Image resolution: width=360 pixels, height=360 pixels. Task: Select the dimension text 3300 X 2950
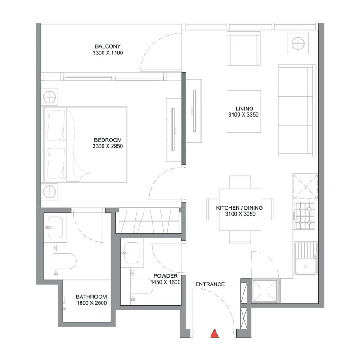[108, 146]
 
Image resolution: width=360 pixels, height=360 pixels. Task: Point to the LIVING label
[244, 108]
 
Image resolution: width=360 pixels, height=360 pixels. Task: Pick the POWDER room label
[165, 276]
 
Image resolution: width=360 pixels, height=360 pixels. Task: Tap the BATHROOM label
[91, 297]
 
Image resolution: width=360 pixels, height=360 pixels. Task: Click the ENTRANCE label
[210, 284]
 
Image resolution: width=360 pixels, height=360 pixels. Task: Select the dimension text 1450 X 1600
[165, 282]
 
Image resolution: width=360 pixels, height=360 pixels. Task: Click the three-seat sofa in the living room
[296, 111]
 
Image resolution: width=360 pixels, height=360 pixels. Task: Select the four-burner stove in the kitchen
[305, 215]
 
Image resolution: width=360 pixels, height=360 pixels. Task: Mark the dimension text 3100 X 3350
[243, 115]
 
